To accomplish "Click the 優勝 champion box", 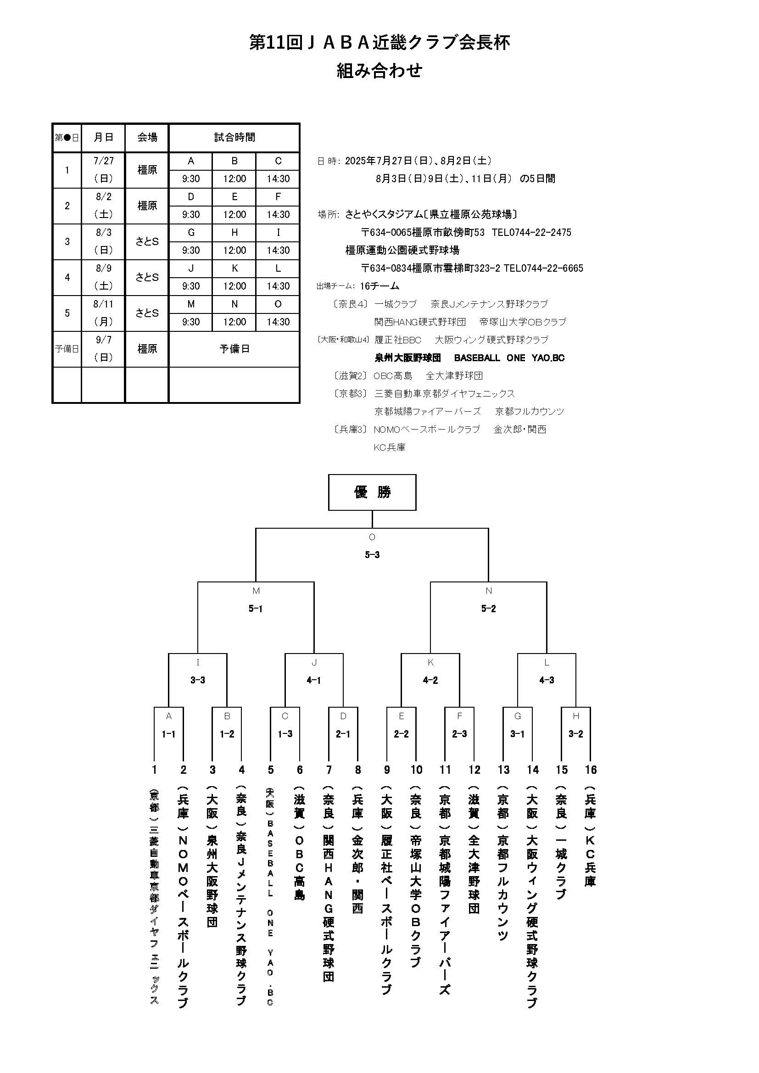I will click(x=372, y=492).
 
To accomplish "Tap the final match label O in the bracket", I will click(x=372, y=537).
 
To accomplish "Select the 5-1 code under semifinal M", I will click(x=255, y=609).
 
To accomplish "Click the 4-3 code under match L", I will click(x=547, y=680).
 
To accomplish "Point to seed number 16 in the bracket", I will click(x=591, y=770).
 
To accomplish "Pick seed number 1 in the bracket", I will click(x=154, y=770).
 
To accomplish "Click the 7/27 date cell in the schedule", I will click(x=103, y=161).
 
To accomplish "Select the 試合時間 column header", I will click(x=234, y=137).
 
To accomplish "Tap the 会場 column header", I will click(x=147, y=137).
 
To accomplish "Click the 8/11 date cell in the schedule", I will click(x=103, y=304).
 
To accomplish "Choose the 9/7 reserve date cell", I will click(x=103, y=340).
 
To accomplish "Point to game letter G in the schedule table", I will click(x=191, y=233).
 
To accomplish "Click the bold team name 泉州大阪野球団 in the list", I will click(x=407, y=358).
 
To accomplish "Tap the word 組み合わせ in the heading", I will click(x=379, y=71).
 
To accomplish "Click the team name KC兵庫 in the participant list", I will click(x=389, y=447).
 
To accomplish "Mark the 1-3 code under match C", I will click(x=285, y=734).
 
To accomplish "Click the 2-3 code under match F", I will click(x=459, y=734).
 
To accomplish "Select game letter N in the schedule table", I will click(x=234, y=304).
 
